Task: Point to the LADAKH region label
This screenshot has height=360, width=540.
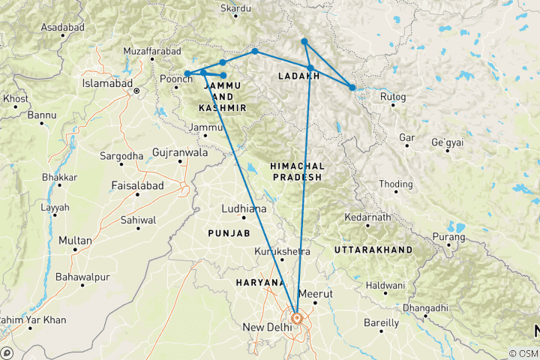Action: (299, 76)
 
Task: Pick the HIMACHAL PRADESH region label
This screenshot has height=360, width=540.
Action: (295, 171)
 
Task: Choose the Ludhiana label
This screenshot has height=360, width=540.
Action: (244, 208)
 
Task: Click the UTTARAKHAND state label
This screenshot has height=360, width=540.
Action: (373, 249)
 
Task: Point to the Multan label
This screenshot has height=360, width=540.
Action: (76, 241)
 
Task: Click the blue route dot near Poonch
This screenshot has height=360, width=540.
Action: (187, 73)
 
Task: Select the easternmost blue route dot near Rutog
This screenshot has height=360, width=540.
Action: (352, 88)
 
